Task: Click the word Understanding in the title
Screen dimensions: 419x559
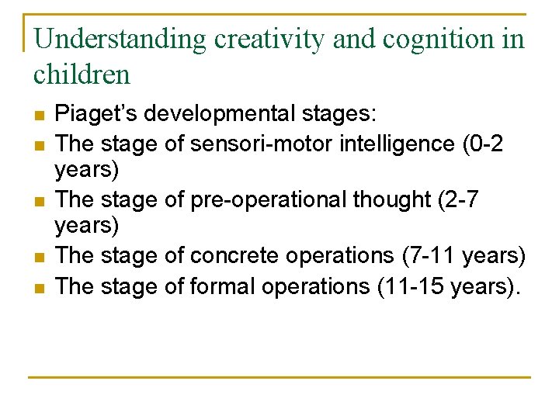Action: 120,39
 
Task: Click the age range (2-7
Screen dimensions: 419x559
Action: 457,199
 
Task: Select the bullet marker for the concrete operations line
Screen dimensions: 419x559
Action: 39,256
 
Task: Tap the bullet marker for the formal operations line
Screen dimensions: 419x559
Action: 39,286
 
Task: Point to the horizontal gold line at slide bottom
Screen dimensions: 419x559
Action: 279,377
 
